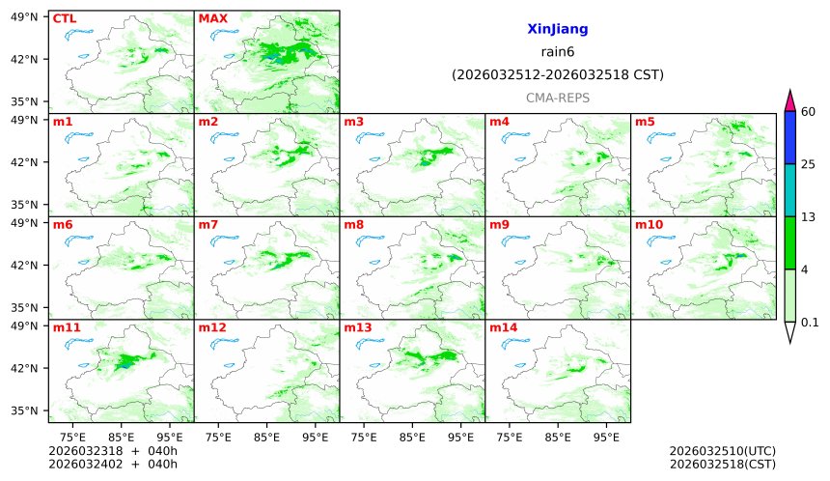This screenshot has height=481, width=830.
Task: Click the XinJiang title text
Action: pyautogui.click(x=557, y=30)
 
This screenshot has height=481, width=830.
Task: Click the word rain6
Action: pyautogui.click(x=557, y=52)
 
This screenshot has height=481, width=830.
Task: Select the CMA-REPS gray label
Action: pyautogui.click(x=557, y=98)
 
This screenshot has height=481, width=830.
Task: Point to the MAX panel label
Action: pyautogui.click(x=212, y=18)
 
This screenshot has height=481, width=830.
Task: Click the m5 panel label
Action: pyautogui.click(x=645, y=122)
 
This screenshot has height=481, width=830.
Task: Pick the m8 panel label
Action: pyautogui.click(x=353, y=225)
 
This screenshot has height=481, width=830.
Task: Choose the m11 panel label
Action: pyautogui.click(x=67, y=328)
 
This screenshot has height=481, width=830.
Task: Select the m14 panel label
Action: pyautogui.click(x=503, y=328)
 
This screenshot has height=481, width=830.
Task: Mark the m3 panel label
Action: pyautogui.click(x=353, y=122)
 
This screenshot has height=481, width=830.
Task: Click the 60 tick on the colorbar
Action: pyautogui.click(x=809, y=112)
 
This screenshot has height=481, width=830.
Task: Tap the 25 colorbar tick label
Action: pyautogui.click(x=809, y=164)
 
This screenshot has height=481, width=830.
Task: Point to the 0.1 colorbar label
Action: pyautogui.click(x=810, y=323)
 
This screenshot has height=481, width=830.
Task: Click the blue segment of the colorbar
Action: pyautogui.click(x=789, y=137)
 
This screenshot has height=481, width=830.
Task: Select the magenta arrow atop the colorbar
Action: pyautogui.click(x=789, y=99)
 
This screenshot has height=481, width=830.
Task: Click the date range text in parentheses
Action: pyautogui.click(x=557, y=74)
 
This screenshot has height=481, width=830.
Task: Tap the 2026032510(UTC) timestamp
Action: pyautogui.click(x=722, y=451)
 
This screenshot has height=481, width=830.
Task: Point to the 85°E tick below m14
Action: pyautogui.click(x=558, y=437)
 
